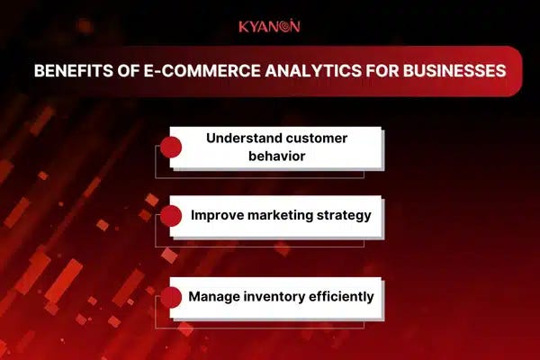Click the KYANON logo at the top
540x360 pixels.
click(x=269, y=26)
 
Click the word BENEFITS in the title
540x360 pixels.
click(x=71, y=71)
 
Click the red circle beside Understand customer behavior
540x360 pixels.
click(x=171, y=148)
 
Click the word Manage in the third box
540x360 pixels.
click(x=214, y=295)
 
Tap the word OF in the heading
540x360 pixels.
click(x=122, y=71)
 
